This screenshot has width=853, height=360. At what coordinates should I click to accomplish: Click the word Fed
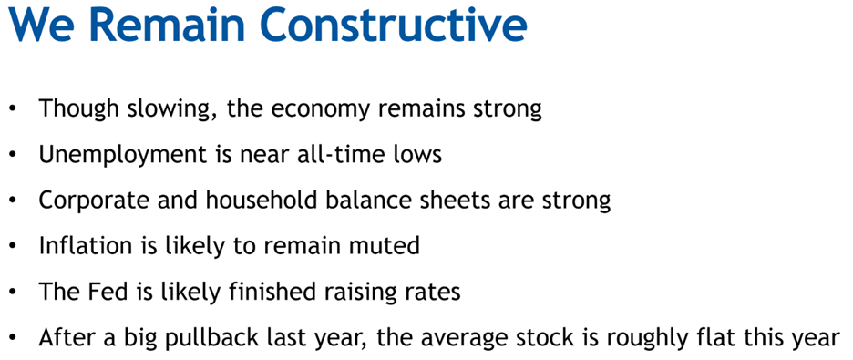tap(97, 292)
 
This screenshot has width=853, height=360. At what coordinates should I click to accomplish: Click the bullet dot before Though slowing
tap(13, 110)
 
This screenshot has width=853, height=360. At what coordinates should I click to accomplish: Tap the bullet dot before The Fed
tap(13, 293)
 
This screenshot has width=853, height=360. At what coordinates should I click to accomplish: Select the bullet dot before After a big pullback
tap(13, 338)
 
